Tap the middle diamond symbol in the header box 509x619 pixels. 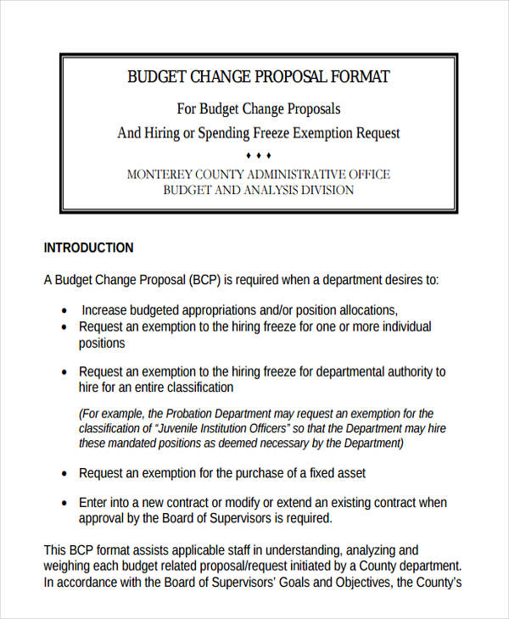click(258, 155)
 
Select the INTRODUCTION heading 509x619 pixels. click(88, 248)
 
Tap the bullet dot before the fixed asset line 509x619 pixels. click(64, 473)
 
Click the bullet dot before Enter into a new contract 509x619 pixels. click(64, 503)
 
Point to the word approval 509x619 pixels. click(103, 518)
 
